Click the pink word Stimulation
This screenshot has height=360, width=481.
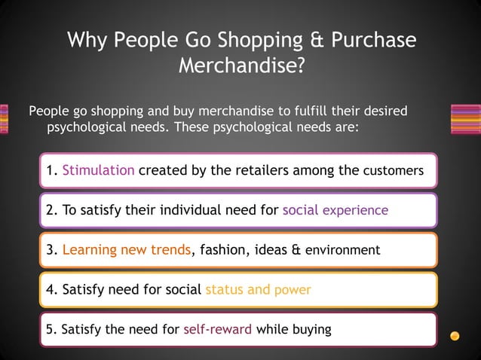click(99, 170)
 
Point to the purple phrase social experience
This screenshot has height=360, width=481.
click(335, 210)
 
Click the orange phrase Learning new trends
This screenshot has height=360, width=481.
click(127, 249)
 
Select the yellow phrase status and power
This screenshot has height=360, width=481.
click(258, 289)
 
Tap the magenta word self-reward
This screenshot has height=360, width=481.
click(217, 330)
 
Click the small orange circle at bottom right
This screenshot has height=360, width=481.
click(455, 335)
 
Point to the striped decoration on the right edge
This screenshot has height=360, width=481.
click(465, 119)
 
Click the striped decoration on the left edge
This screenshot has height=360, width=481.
click(4, 119)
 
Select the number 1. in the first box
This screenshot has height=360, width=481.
click(52, 170)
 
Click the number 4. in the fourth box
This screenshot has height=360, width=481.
click(52, 289)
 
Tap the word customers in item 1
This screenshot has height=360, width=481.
click(399, 171)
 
